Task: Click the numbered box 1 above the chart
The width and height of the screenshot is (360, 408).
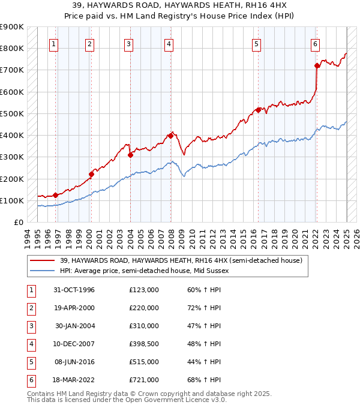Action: [x=54, y=43]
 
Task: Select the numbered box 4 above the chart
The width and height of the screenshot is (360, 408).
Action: [x=169, y=43]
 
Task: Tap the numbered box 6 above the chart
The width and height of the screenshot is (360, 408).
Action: [x=315, y=43]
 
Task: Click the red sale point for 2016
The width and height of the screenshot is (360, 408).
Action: [x=258, y=110]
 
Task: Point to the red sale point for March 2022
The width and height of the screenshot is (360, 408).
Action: [x=317, y=65]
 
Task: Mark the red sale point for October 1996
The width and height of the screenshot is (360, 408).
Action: [x=55, y=195]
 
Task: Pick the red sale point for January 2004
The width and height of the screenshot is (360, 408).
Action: [x=130, y=155]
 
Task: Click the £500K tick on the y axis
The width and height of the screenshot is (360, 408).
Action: [x=12, y=113]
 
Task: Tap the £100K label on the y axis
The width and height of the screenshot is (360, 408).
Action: [x=12, y=200]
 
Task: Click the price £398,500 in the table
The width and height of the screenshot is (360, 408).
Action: [x=144, y=344]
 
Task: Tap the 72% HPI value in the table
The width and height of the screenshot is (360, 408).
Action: [x=200, y=308]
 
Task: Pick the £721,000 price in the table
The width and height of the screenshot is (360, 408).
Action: [x=144, y=380]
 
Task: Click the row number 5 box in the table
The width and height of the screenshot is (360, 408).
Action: [x=31, y=362]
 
